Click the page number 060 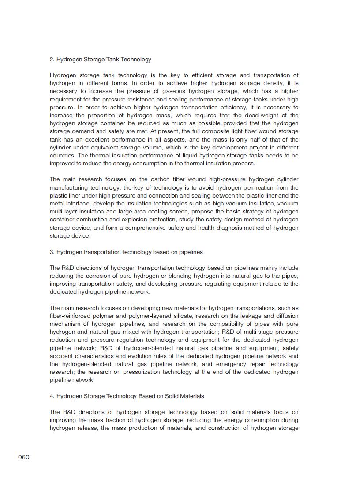[x=24, y=457]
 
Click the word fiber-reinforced [x=70, y=316]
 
